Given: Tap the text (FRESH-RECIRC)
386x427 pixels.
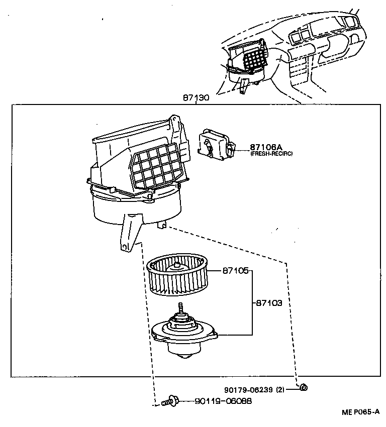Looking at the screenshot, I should click(271, 154).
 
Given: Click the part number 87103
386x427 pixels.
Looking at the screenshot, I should click(269, 303).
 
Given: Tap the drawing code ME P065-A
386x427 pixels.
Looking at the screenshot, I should click(360, 412).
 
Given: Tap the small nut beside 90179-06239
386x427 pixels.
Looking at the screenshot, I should click(304, 387).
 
